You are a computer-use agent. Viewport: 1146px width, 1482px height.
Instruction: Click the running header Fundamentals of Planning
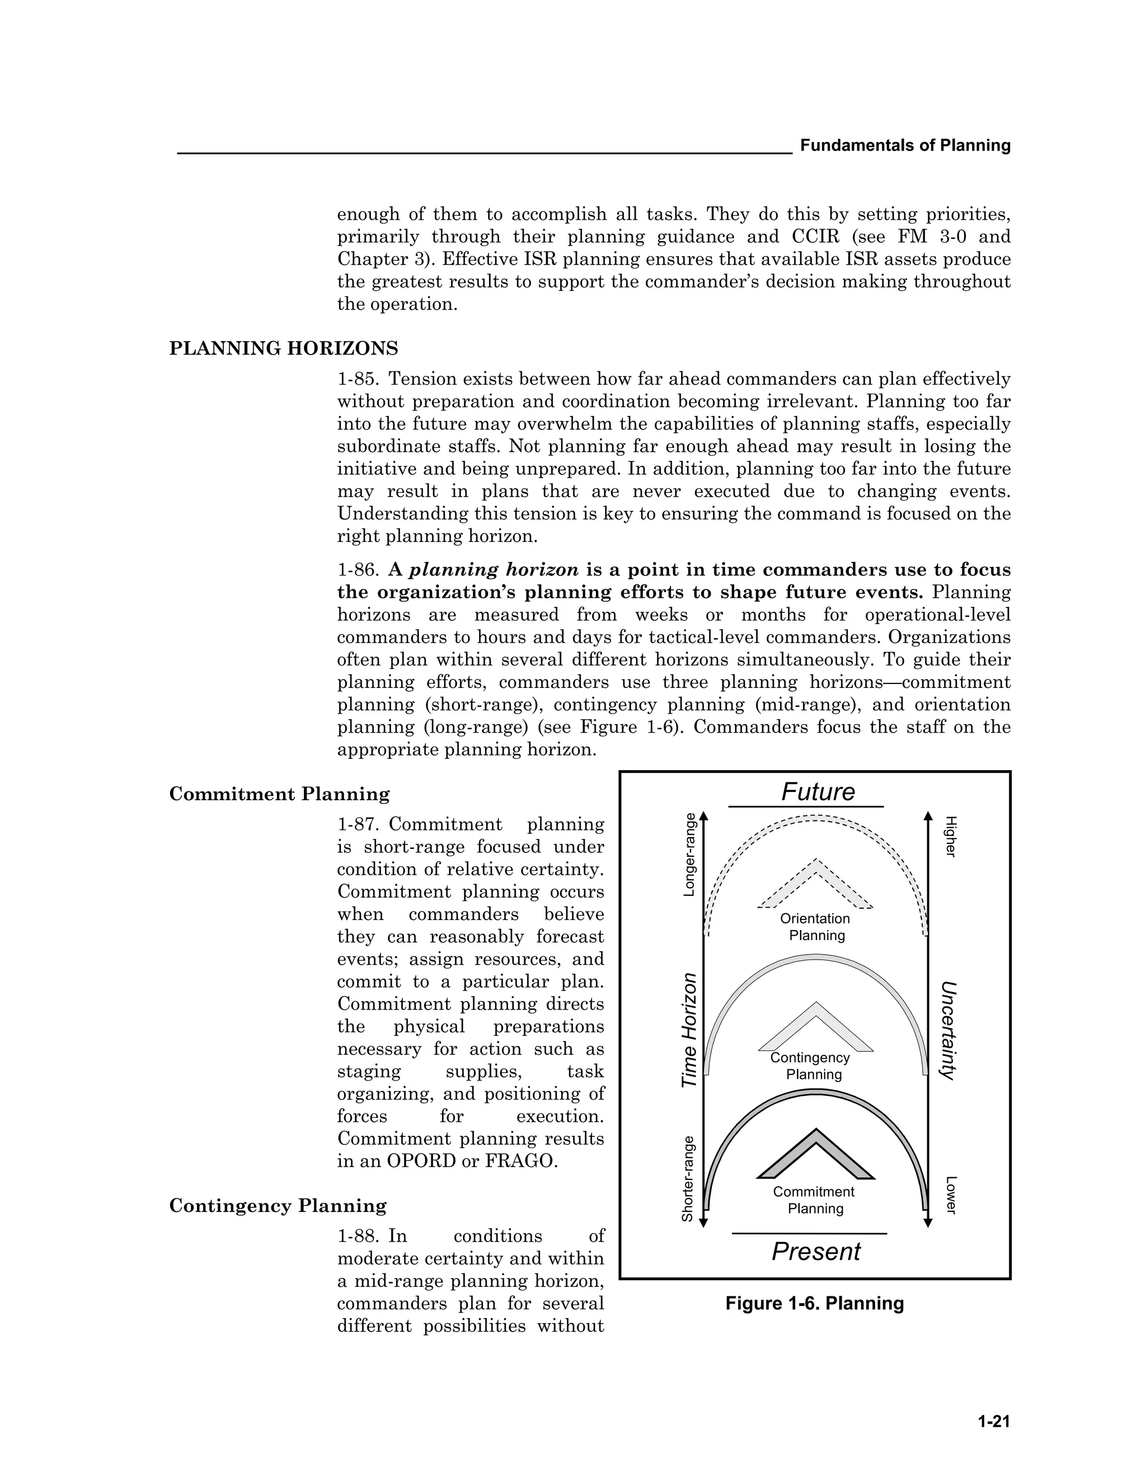905,145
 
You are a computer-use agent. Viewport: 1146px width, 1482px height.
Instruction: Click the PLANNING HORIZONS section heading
283,349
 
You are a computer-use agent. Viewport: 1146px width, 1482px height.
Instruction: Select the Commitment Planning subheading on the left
279,794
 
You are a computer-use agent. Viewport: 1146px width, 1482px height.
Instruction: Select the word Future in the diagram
818,792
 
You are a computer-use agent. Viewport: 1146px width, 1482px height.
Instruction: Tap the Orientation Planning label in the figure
815,927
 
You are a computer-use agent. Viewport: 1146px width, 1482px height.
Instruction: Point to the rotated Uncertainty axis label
948,1030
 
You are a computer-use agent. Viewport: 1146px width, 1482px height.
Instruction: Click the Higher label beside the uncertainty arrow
951,837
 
